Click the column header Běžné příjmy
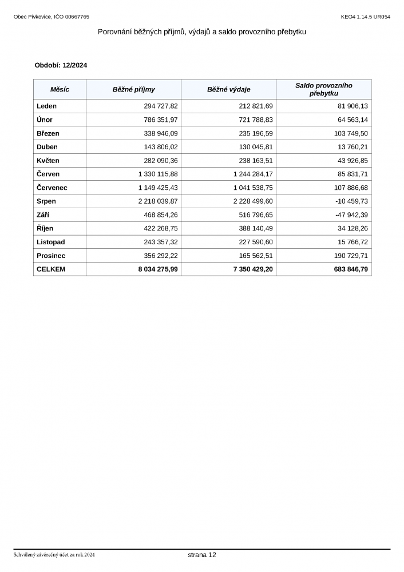(x=133, y=90)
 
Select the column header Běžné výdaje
(x=228, y=90)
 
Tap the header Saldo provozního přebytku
(x=323, y=89)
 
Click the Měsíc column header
(x=60, y=90)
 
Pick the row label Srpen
(x=46, y=201)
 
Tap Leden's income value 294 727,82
(x=161, y=106)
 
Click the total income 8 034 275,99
(x=158, y=269)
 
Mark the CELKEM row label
(x=51, y=269)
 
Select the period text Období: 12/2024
(x=61, y=65)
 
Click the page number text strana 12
(x=202, y=555)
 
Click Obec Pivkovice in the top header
(x=33, y=17)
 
